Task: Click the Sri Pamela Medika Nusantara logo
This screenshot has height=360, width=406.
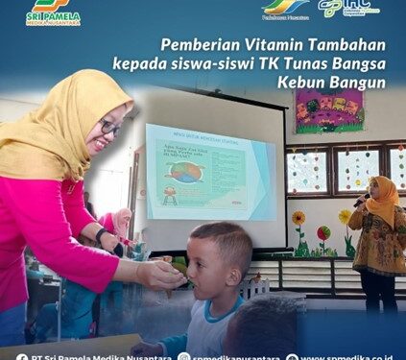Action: coord(53,12)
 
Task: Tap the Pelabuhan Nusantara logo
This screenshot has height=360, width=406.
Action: coord(285,9)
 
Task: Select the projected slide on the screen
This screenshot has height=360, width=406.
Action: coord(209,172)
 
